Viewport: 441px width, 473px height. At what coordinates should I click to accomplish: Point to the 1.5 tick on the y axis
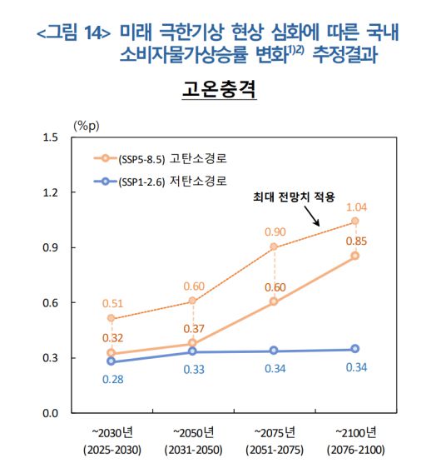52,137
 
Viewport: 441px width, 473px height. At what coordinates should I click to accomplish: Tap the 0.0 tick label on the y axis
52,413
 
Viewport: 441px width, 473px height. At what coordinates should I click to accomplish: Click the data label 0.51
112,303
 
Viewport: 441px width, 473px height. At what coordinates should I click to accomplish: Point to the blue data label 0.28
112,379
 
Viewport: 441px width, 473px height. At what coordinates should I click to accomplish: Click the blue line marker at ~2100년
354,349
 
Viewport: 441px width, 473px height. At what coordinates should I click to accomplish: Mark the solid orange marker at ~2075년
274,301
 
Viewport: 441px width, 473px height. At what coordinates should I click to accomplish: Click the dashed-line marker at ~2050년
193,301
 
